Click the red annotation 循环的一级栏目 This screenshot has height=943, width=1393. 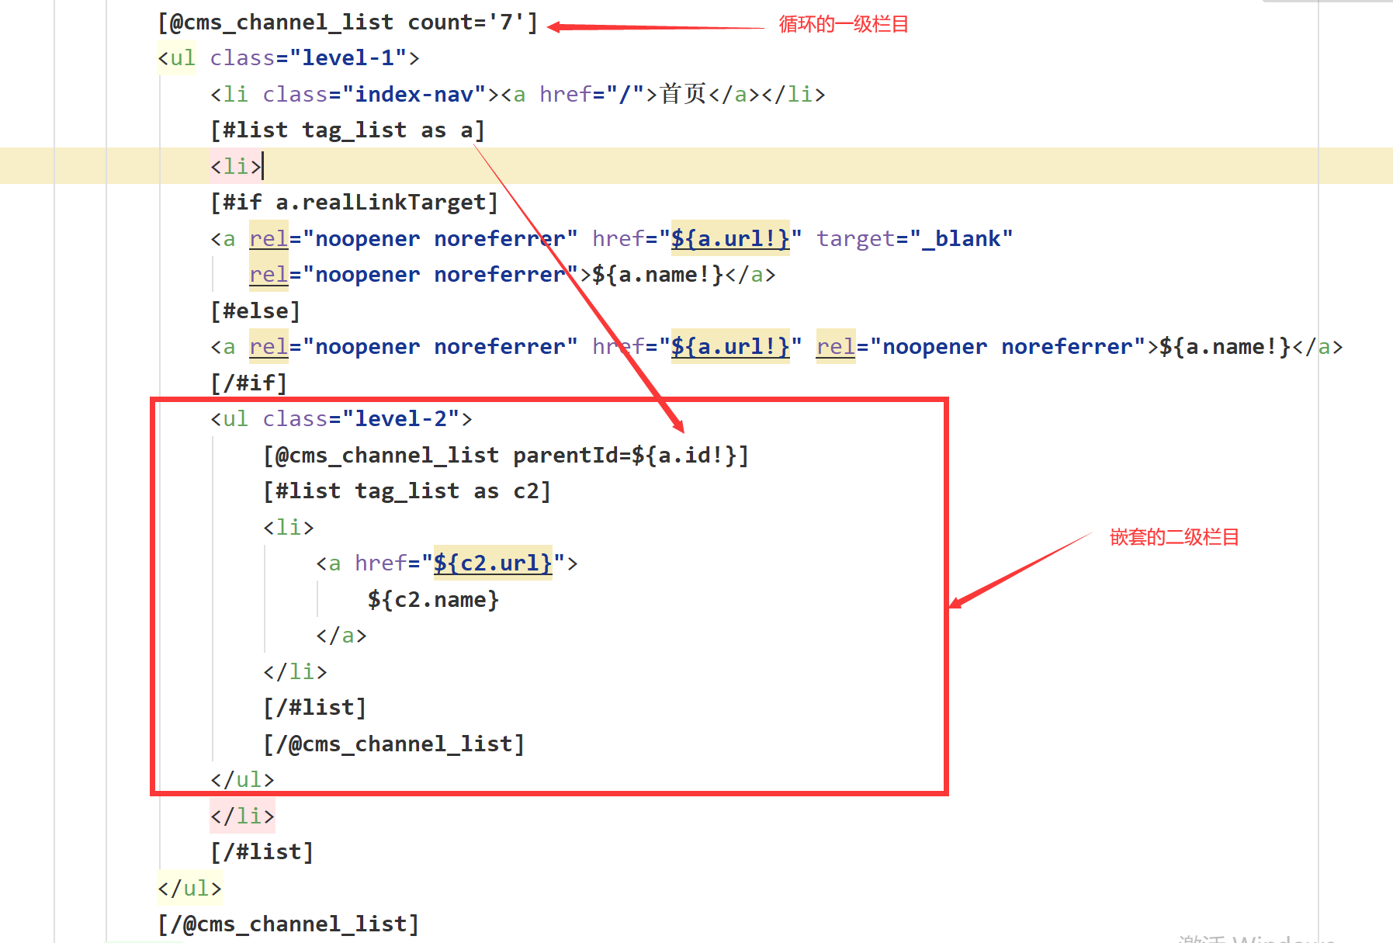click(843, 25)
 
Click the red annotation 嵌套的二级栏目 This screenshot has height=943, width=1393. click(1173, 537)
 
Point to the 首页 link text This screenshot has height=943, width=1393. click(683, 94)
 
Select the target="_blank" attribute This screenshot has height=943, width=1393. click(914, 238)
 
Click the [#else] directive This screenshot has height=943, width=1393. click(255, 311)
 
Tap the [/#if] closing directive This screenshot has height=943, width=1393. click(249, 383)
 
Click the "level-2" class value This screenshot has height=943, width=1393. click(400, 419)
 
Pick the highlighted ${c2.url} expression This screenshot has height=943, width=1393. click(493, 563)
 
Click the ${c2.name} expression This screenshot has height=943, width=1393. click(433, 600)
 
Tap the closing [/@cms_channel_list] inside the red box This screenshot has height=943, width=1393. click(394, 744)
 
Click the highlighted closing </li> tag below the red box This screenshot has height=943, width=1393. click(242, 816)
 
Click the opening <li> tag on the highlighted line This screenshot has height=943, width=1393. click(236, 166)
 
